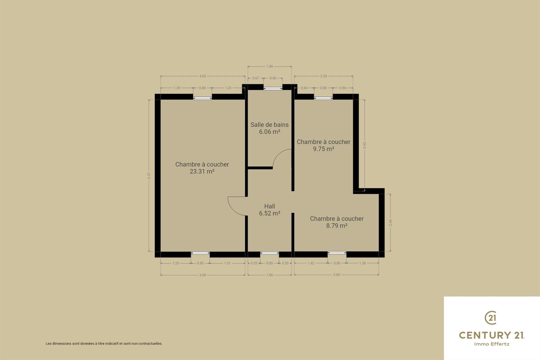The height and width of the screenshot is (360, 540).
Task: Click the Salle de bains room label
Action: coord(270,125)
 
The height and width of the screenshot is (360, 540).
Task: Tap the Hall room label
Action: coord(270,206)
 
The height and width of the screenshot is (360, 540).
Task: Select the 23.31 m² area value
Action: coord(202,171)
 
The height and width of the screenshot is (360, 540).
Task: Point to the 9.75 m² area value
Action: coord(324,149)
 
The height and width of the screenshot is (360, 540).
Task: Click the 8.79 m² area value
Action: coord(337,225)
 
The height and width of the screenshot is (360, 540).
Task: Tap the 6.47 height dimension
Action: coord(149,175)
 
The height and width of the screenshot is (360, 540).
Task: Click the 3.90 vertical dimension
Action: coord(365,145)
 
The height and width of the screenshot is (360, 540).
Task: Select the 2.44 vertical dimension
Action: coord(391,223)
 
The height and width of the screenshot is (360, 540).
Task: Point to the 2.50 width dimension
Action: coord(324,76)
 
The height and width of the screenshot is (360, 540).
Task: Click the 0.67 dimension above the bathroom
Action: coord(256,78)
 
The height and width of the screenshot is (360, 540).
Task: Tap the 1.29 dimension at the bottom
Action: coord(176,263)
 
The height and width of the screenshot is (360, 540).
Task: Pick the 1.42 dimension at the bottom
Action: coord(311,263)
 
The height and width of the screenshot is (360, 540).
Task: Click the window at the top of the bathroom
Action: coord(273,88)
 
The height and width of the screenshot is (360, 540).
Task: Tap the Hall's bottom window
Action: coord(270,253)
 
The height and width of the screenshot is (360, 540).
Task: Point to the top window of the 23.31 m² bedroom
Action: coord(203,98)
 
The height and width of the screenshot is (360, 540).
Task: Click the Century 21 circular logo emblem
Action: coord(491,318)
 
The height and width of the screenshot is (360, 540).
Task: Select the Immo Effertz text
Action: coord(492,344)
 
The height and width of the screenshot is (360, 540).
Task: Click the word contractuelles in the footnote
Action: coord(150,344)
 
